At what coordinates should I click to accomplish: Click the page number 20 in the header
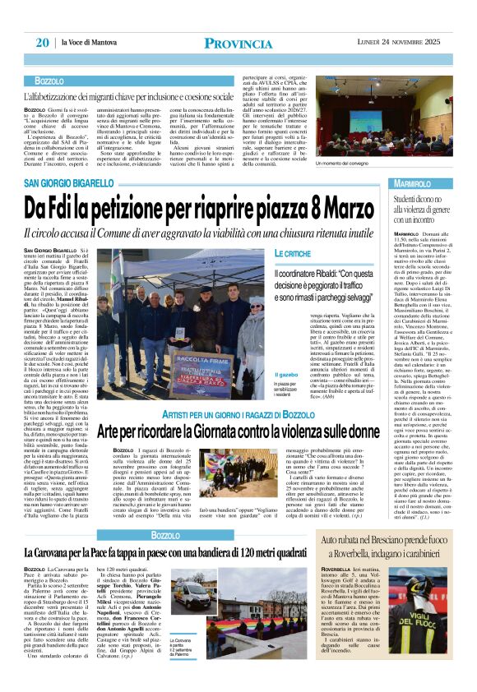[42, 43]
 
